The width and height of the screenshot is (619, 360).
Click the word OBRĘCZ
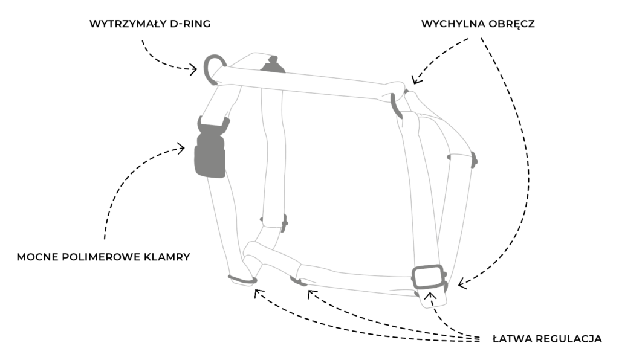[x=513, y=24]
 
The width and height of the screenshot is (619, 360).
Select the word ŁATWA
[x=512, y=339]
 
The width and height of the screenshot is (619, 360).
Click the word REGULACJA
[x=569, y=339]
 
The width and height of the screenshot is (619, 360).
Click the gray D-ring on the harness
[x=211, y=68]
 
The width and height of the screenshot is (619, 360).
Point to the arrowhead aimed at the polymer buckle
[x=181, y=147]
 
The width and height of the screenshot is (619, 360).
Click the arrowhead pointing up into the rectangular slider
[x=431, y=295]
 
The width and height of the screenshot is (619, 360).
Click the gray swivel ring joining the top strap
[x=396, y=104]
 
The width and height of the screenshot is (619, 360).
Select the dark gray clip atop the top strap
[x=273, y=65]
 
